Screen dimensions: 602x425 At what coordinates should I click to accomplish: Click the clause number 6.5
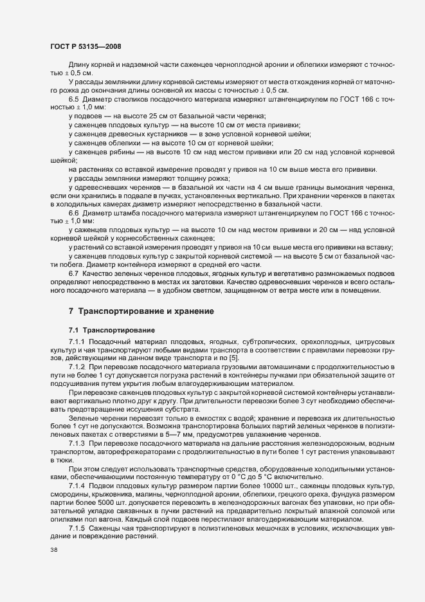coord(73,98)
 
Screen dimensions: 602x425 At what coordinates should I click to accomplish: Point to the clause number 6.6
coord(73,212)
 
